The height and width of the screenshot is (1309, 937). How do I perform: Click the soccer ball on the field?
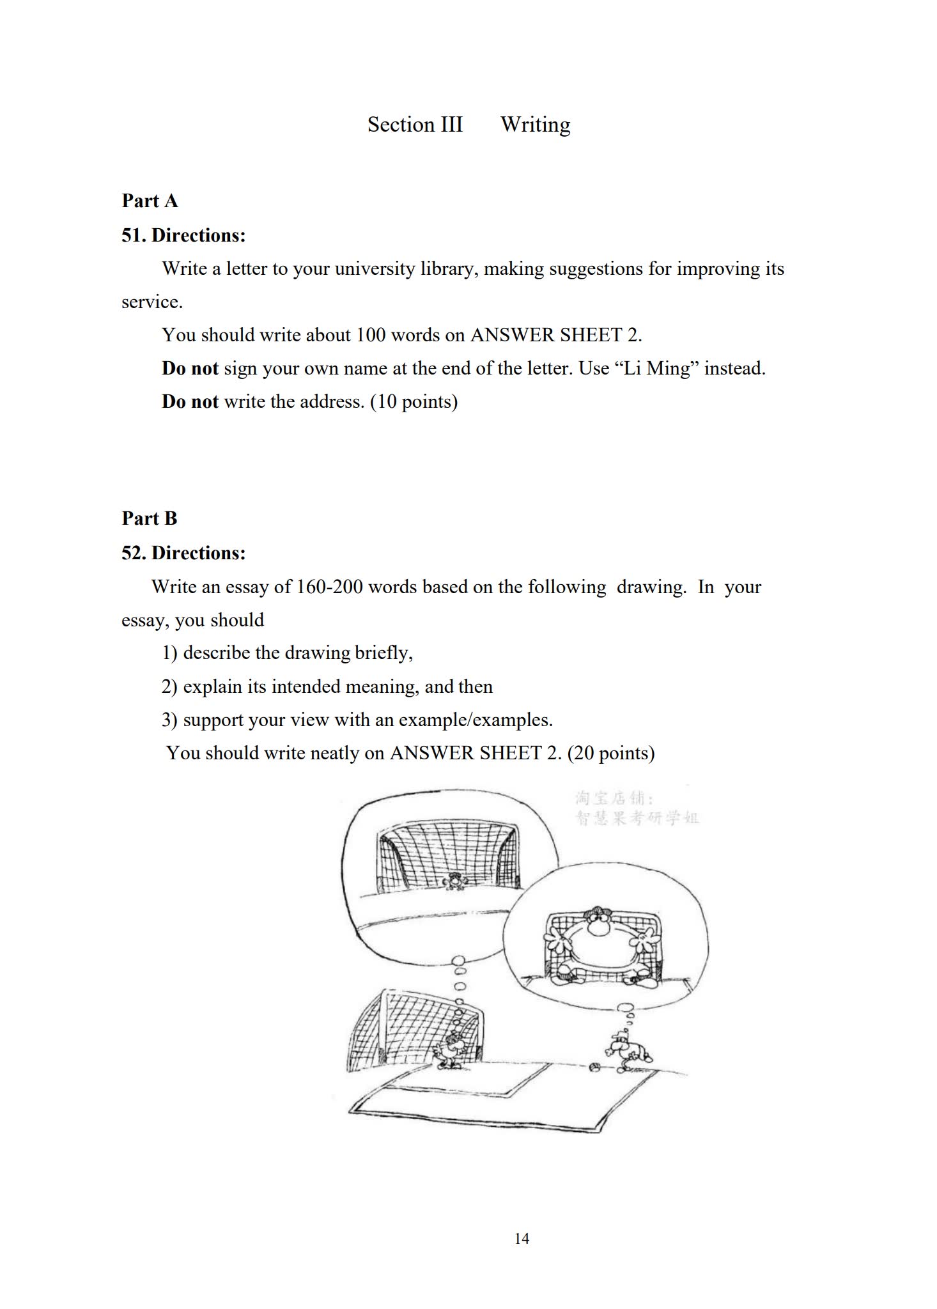pyautogui.click(x=594, y=1067)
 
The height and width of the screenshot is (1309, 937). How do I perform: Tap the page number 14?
pyautogui.click(x=522, y=1239)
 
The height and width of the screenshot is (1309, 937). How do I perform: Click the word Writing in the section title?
pyautogui.click(x=536, y=125)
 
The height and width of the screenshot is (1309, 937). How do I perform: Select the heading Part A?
pyautogui.click(x=150, y=201)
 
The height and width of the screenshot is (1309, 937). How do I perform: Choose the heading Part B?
pyautogui.click(x=150, y=518)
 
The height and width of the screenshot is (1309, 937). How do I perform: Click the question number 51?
pyautogui.click(x=133, y=235)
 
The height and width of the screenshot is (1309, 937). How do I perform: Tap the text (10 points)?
pyautogui.click(x=414, y=401)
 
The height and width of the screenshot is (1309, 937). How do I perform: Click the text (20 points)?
pyautogui.click(x=611, y=753)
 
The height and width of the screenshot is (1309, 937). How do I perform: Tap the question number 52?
pyautogui.click(x=133, y=553)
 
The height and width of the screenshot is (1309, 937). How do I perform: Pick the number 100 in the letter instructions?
pyautogui.click(x=371, y=335)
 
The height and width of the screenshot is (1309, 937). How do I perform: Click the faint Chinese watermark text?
pyautogui.click(x=636, y=808)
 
